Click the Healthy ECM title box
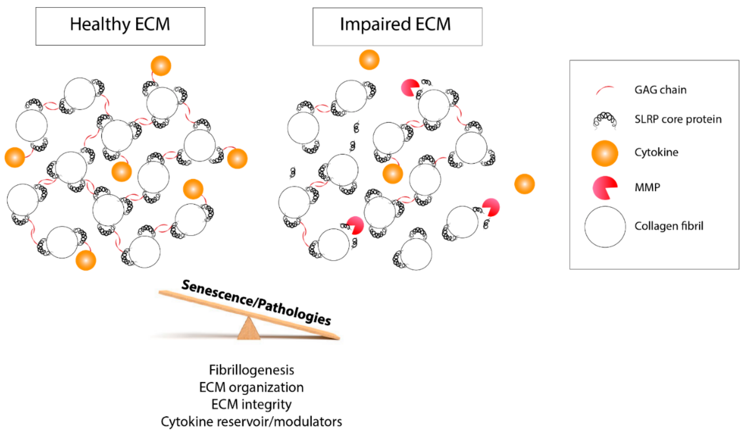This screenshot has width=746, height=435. coord(120,26)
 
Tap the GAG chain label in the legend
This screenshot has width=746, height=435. coord(660,90)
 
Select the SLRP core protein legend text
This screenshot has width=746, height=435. coord(678,119)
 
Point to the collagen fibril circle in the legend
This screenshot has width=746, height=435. coord(605,227)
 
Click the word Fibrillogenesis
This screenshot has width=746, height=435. coord(251,370)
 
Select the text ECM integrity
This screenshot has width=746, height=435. coord(251,404)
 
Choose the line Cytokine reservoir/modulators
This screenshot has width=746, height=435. coord(251,421)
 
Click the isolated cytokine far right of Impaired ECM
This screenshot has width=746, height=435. coord(524,184)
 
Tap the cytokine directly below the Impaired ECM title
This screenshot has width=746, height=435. coord(369,59)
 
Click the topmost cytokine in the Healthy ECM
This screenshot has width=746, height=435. coord(161,65)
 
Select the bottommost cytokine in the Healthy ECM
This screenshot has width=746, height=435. coord(86,260)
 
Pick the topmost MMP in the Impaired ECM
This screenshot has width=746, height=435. coord(409,88)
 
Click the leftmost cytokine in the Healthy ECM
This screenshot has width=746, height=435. coord(15,157)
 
